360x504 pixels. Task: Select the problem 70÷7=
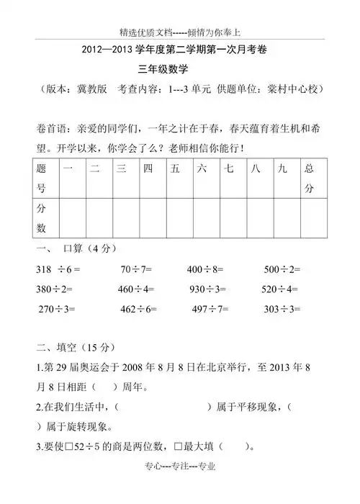[x=136, y=270]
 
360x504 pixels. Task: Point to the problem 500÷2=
[x=282, y=270]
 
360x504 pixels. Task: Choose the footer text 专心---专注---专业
[x=179, y=487]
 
